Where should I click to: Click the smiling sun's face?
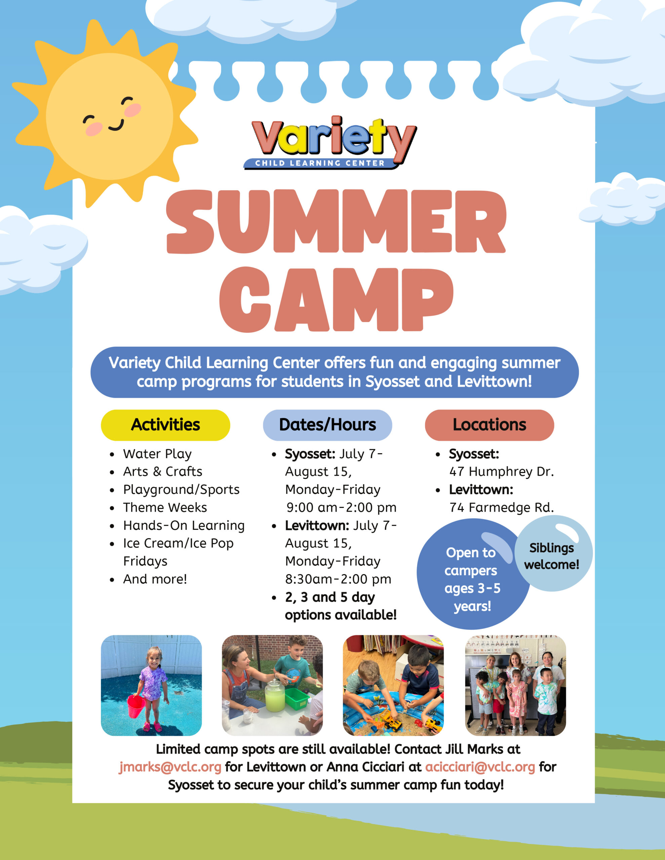pyautogui.click(x=109, y=116)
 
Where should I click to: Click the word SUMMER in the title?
pyautogui.click(x=336, y=222)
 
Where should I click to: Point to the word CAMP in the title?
pyautogui.click(x=336, y=300)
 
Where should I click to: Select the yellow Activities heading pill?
pyautogui.click(x=165, y=425)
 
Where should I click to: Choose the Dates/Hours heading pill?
pyautogui.click(x=327, y=425)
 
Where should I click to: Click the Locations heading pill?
pyautogui.click(x=489, y=425)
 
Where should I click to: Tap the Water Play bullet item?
pyautogui.click(x=157, y=454)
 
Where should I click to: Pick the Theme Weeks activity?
pyautogui.click(x=165, y=508)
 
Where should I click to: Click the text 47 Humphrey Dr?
pyautogui.click(x=501, y=472)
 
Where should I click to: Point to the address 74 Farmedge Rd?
pyautogui.click(x=501, y=508)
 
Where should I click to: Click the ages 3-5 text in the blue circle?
pyautogui.click(x=472, y=588)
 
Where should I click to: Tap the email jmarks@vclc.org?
pyautogui.click(x=170, y=767)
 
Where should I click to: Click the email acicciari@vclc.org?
pyautogui.click(x=480, y=767)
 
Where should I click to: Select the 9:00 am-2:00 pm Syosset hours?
pyautogui.click(x=341, y=508)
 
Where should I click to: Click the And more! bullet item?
pyautogui.click(x=155, y=579)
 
